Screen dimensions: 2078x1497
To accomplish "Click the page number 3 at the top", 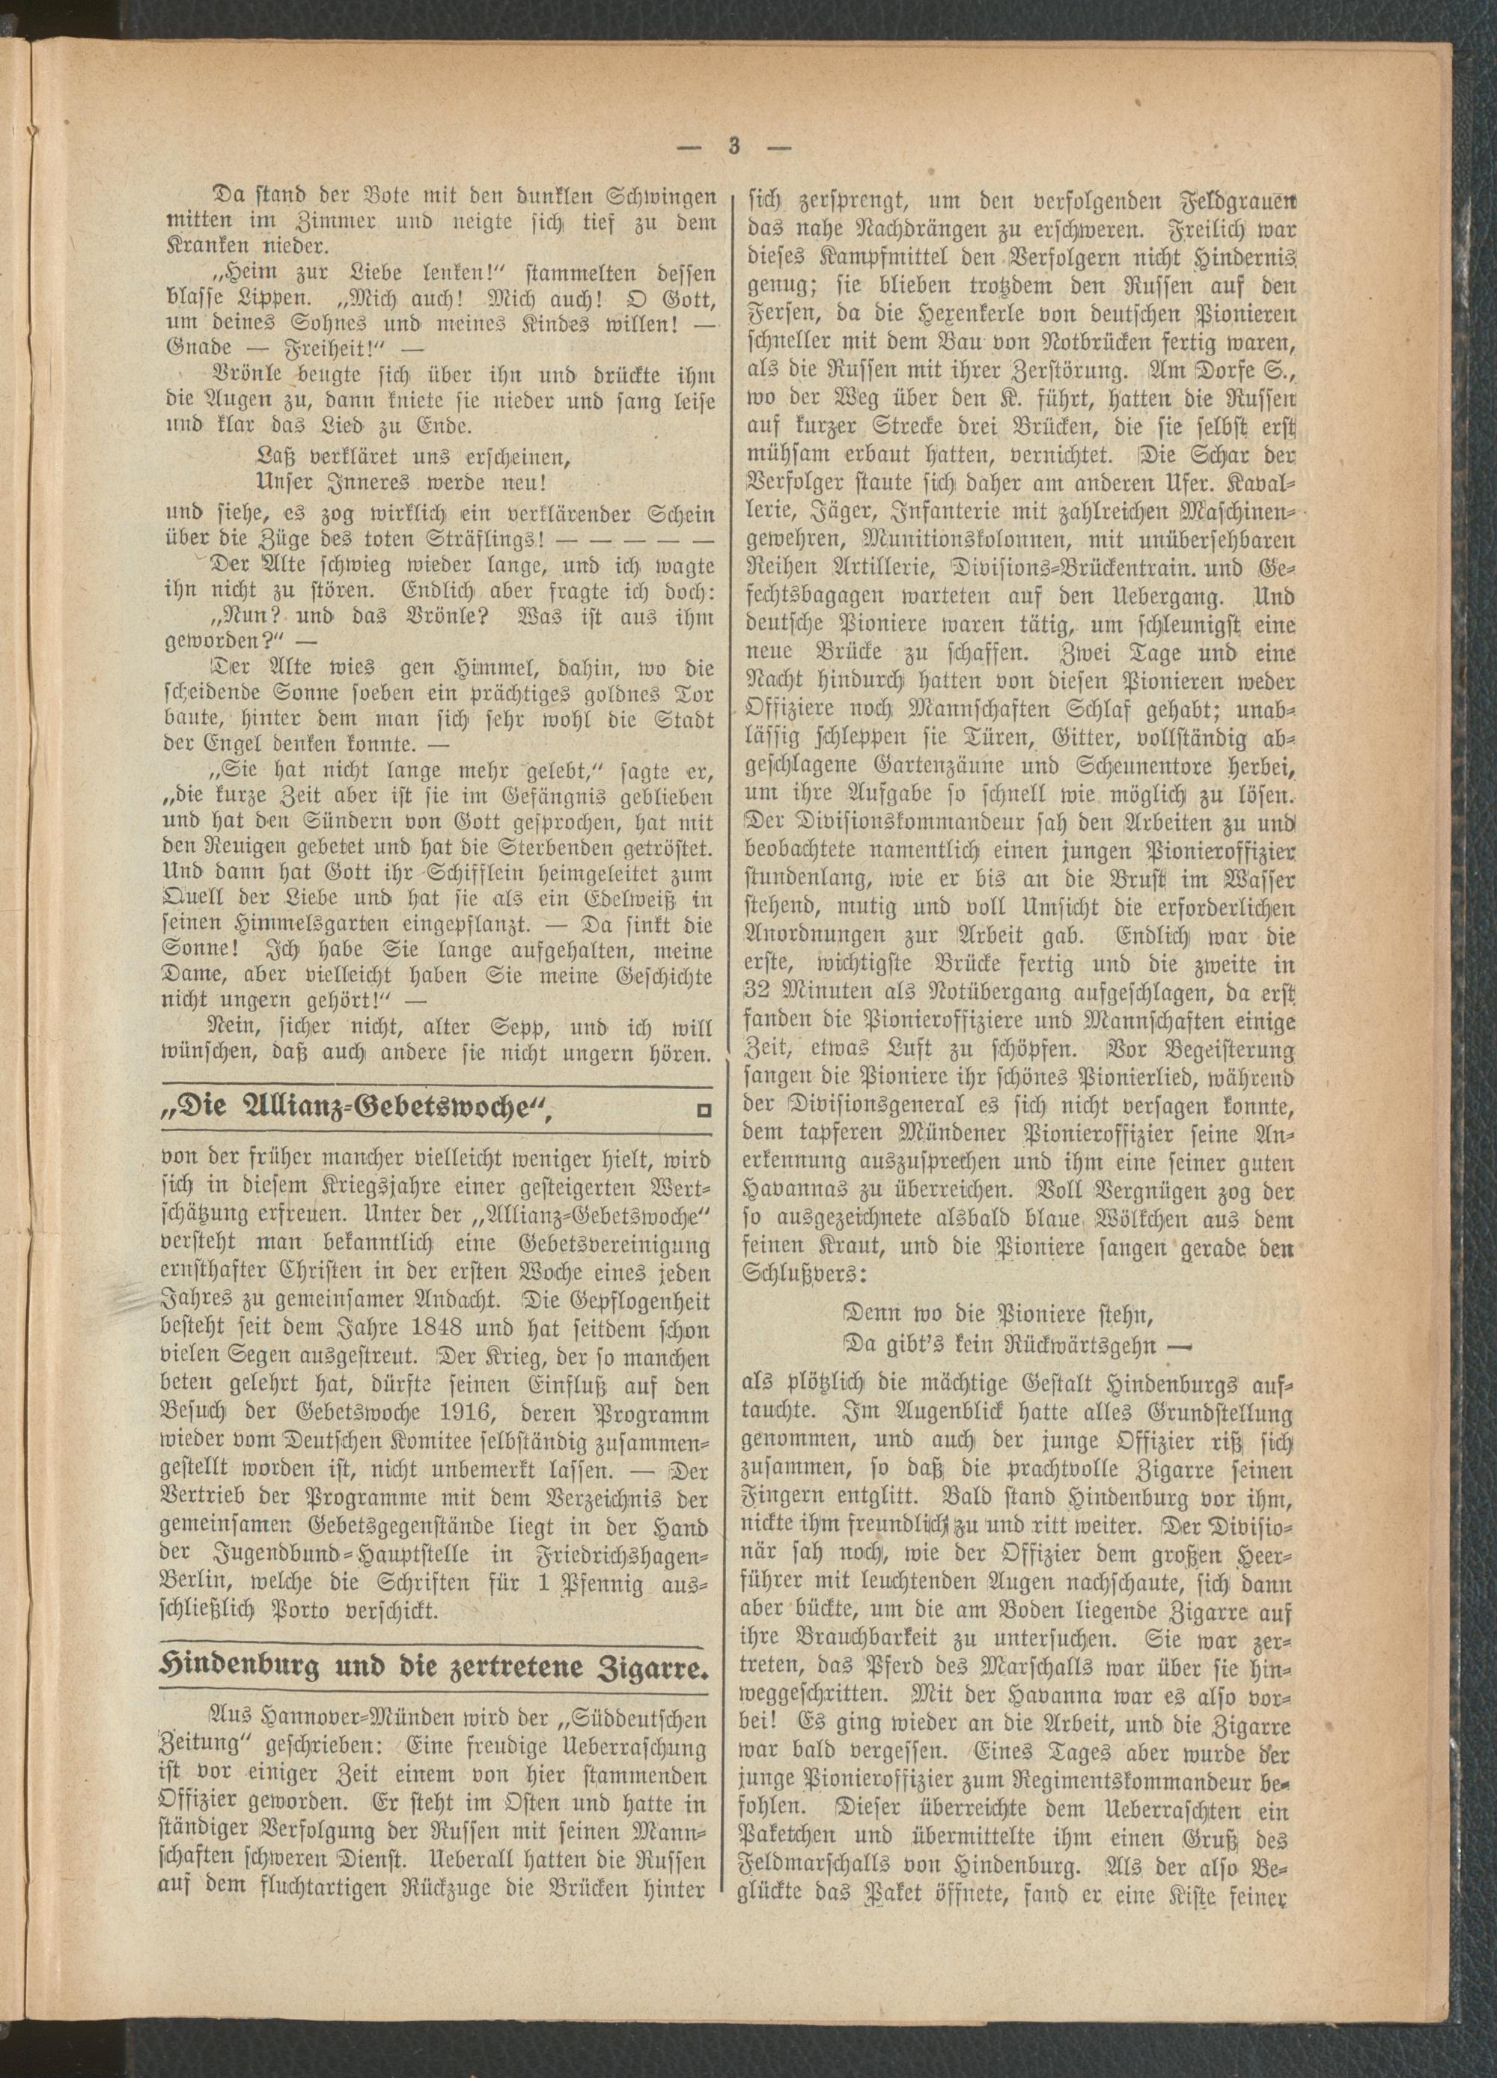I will [734, 147].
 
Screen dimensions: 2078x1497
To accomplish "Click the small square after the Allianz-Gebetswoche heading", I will [704, 1112].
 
